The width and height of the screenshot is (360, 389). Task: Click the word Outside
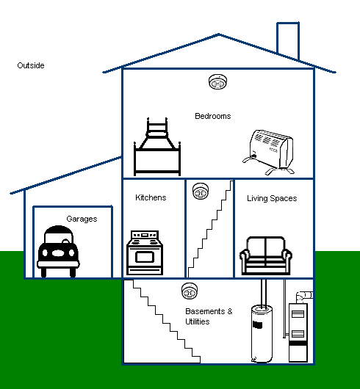31,65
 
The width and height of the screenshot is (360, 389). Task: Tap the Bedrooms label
213,116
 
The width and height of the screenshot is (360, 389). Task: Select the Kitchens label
151,197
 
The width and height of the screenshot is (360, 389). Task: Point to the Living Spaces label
272,198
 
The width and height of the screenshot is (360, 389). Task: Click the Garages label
82,219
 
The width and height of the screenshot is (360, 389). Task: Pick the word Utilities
198,321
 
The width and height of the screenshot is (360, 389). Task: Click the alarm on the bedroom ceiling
217,81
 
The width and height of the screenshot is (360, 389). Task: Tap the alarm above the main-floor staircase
201,191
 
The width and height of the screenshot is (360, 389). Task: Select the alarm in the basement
190,291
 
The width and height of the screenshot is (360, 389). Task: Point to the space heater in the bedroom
269,152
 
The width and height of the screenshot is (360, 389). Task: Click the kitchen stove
145,252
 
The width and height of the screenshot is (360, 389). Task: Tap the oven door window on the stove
145,257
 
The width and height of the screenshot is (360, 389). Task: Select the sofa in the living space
266,255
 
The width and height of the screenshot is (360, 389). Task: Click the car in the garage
58,251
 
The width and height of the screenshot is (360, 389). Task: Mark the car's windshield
59,237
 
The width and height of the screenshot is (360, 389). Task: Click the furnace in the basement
298,332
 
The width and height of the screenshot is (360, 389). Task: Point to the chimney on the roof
288,40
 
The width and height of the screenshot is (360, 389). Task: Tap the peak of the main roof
218,34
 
